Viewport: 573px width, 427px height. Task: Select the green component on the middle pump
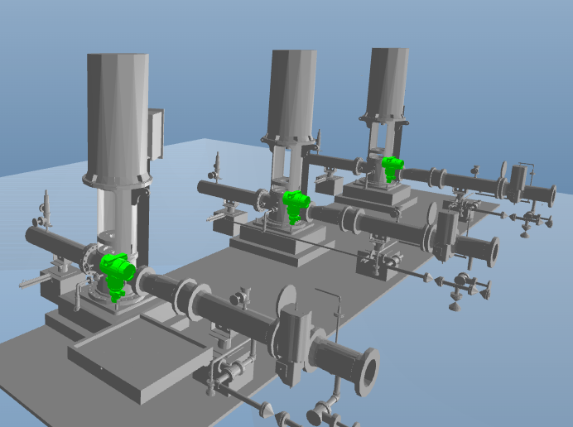tap(295, 203)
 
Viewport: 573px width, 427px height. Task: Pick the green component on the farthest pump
tap(391, 167)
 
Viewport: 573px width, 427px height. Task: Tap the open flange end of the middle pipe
tap(492, 251)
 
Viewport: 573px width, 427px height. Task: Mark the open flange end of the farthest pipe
tap(548, 196)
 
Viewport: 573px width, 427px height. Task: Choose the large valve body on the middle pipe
tap(445, 233)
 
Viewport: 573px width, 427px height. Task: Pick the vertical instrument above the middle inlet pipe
tap(217, 165)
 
